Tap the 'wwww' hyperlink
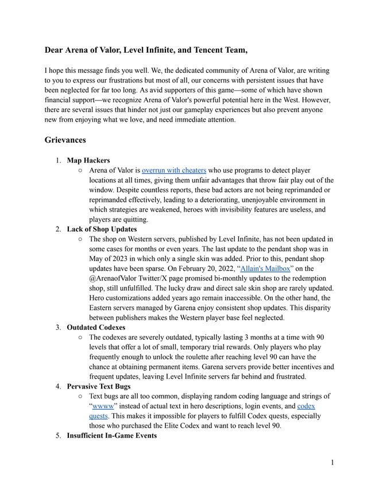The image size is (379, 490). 102,406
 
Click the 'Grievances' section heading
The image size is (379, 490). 65,139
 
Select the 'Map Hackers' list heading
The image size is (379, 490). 88,160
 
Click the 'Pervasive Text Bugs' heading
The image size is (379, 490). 98,386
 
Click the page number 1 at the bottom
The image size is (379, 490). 332,462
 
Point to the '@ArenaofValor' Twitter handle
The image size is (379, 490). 117,278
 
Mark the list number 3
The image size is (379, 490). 58,328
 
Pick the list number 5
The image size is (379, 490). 58,435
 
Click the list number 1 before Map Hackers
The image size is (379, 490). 58,160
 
